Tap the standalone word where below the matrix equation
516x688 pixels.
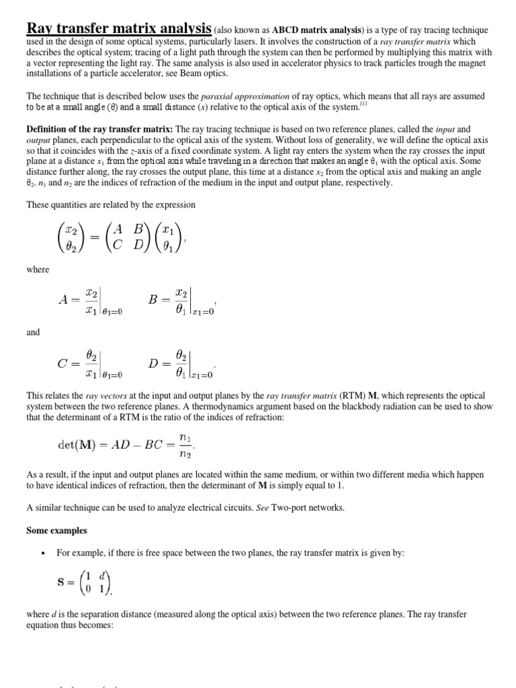coord(38,269)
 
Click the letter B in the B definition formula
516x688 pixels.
coord(154,300)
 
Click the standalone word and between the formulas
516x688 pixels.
coord(33,332)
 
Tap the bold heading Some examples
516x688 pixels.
coord(56,530)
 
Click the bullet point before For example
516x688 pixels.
coord(42,552)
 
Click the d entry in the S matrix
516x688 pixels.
coord(101,576)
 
